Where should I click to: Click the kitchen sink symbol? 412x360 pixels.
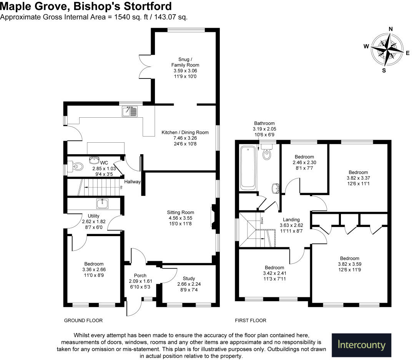point(130,111)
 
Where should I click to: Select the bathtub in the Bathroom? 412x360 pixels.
point(248,168)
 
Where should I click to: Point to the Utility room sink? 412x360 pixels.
point(102,204)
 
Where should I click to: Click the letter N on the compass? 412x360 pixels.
point(391,29)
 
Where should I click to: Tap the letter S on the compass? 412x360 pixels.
point(384,70)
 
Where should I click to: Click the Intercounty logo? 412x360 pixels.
point(361,345)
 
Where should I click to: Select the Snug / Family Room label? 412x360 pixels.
point(185,62)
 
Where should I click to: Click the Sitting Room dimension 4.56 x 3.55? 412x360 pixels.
point(181,218)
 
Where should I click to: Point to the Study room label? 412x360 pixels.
point(189,278)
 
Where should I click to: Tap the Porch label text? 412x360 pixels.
point(140,275)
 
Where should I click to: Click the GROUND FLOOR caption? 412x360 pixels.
point(83,320)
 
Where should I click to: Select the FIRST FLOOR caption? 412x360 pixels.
point(251,320)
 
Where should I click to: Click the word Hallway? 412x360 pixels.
point(133,182)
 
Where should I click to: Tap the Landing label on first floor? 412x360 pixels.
point(291,220)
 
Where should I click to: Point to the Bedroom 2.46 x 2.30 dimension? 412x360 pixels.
point(304,163)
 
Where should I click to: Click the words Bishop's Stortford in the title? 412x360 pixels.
point(123,6)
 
